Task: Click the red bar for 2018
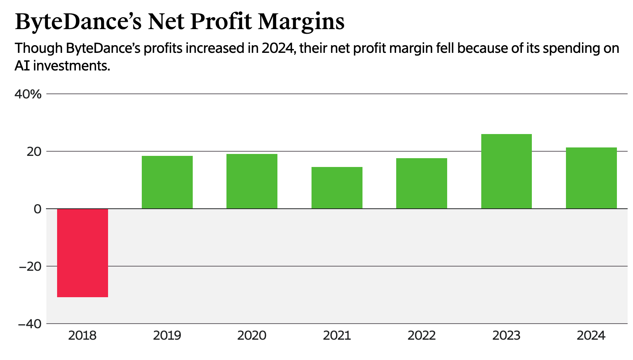point(82,253)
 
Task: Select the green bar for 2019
point(167,182)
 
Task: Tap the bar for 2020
point(252,181)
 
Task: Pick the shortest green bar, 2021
point(337,188)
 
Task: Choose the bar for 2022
point(421,183)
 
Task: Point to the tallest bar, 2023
point(506,171)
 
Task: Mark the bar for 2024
point(591,178)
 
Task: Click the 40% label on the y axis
point(28,94)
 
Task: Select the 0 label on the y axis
point(37,209)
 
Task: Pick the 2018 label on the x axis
point(82,336)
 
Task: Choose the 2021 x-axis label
point(337,336)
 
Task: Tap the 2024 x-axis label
point(591,336)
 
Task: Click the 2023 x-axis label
point(506,336)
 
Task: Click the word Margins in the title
point(301,22)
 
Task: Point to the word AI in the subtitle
point(22,66)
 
